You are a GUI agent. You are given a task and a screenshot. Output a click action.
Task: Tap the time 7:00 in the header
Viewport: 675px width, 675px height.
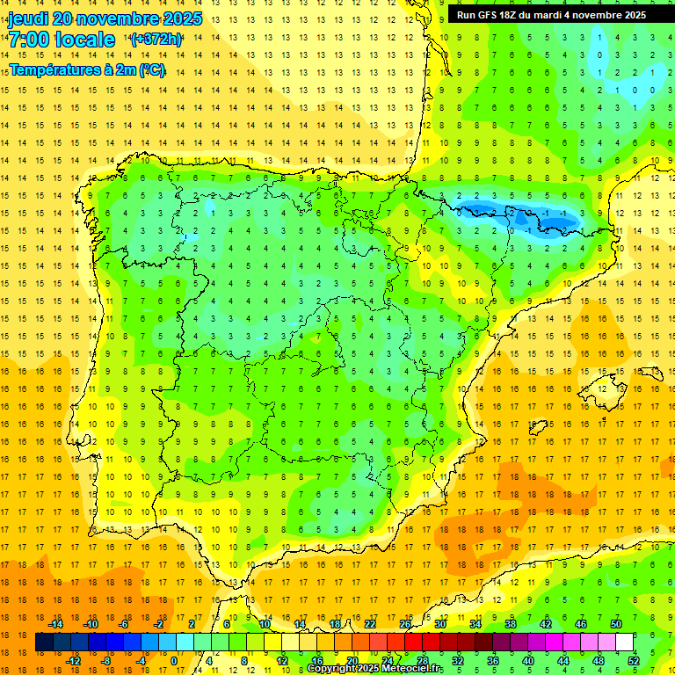pyautogui.click(x=28, y=40)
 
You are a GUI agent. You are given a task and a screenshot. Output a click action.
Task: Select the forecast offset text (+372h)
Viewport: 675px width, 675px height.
pyautogui.click(x=156, y=40)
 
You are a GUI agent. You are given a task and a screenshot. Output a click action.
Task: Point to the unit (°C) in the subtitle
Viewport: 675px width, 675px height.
pyautogui.click(x=151, y=69)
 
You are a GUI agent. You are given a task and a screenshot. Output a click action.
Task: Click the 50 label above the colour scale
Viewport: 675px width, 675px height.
pyautogui.click(x=616, y=624)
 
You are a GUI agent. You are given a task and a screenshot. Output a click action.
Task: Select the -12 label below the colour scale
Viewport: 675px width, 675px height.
pyautogui.click(x=73, y=661)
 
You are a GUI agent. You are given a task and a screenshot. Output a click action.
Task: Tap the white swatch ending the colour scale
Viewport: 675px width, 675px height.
pyautogui.click(x=625, y=642)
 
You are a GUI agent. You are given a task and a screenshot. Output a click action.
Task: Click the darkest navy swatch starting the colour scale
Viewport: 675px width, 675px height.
pyautogui.click(x=44, y=642)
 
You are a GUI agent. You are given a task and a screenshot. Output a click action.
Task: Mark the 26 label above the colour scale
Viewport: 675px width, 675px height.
pyautogui.click(x=405, y=624)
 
